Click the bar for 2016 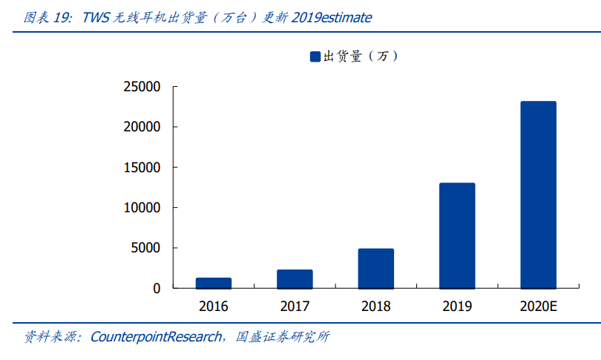point(214,283)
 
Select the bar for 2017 point(295,279)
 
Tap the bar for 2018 point(376,269)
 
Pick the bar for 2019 point(457,235)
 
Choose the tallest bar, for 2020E point(538,194)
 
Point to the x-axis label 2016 point(214,306)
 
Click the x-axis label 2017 point(295,306)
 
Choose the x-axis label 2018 point(376,306)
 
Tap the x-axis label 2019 point(457,306)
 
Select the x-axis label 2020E point(538,306)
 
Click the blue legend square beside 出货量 point(315,56)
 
